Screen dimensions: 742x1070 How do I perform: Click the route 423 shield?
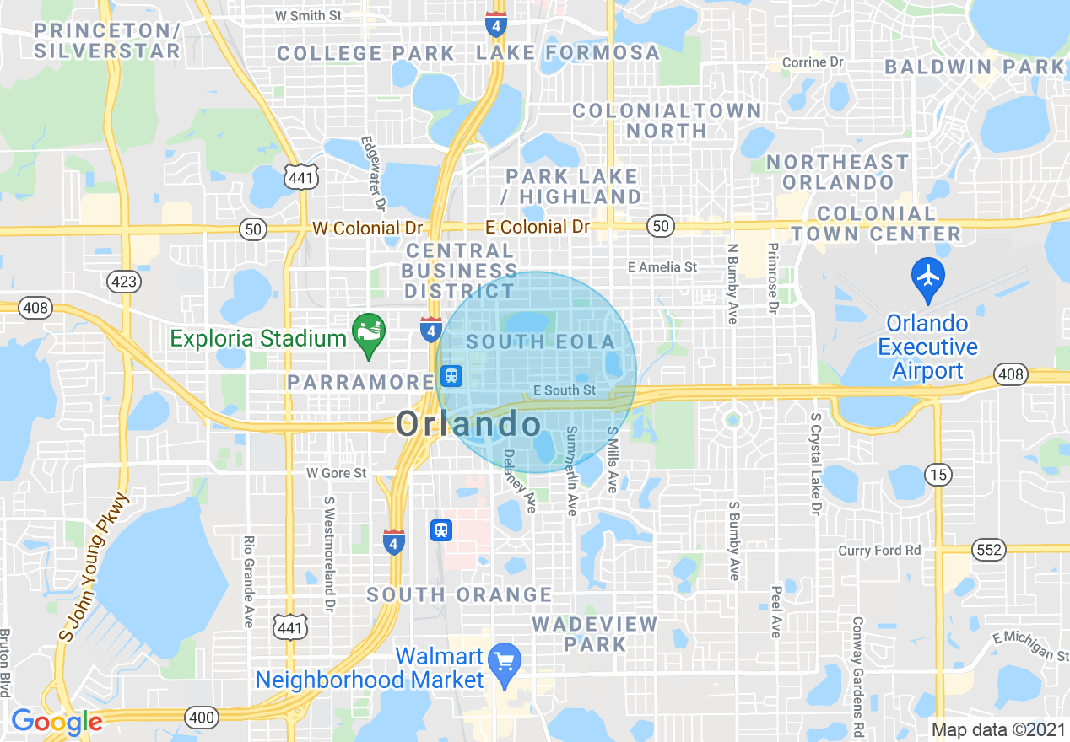[x=124, y=282]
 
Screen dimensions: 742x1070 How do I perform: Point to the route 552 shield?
[x=989, y=550]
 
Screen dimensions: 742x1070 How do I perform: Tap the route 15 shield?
[x=938, y=475]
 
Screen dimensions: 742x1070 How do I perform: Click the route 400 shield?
[x=199, y=716]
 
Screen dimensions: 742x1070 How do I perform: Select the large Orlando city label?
[x=468, y=424]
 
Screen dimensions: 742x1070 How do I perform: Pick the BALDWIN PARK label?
[x=975, y=67]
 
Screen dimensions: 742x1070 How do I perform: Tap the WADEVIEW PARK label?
[x=594, y=634]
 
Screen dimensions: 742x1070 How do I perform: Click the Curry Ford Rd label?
[x=880, y=551]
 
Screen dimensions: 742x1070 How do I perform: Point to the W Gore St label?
[x=336, y=473]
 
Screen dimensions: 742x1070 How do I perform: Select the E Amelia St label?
[x=662, y=266]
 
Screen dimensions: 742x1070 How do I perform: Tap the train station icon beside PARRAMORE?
[x=451, y=376]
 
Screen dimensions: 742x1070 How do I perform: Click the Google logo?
[x=57, y=722]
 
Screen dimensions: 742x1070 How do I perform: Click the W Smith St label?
[x=309, y=15]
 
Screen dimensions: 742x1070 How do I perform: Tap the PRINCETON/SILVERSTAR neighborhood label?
[x=107, y=40]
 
